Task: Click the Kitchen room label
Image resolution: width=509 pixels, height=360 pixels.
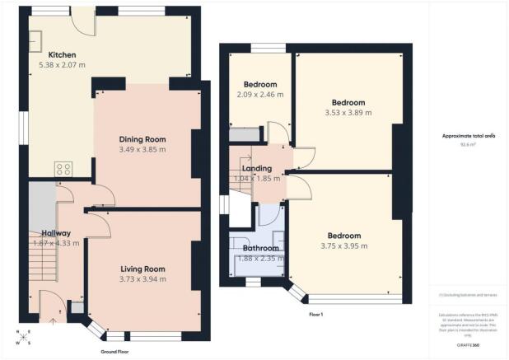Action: click(x=63, y=54)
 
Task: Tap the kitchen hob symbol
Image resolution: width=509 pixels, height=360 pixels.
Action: click(x=64, y=169)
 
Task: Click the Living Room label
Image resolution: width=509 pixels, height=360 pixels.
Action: click(x=142, y=269)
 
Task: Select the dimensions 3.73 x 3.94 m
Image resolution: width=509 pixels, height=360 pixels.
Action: click(x=142, y=279)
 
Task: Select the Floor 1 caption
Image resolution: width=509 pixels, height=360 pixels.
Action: click(x=317, y=315)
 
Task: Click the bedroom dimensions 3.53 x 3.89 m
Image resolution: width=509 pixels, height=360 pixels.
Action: click(x=348, y=113)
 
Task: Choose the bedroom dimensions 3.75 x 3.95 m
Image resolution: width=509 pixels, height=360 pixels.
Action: click(x=344, y=245)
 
